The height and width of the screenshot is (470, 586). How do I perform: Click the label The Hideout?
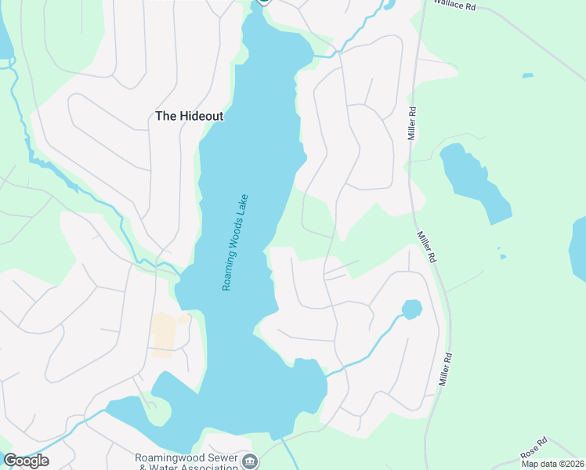click(x=189, y=116)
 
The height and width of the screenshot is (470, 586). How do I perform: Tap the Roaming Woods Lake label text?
click(x=235, y=243)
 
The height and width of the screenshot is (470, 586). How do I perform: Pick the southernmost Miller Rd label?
click(x=446, y=368)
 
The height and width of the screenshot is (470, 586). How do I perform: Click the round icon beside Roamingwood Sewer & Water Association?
click(x=249, y=461)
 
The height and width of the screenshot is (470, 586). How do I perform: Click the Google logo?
click(x=26, y=461)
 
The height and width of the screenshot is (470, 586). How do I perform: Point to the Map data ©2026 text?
click(x=552, y=464)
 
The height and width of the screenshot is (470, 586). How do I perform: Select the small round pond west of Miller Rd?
click(x=411, y=309)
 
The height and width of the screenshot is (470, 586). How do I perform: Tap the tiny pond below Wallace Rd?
click(x=528, y=76)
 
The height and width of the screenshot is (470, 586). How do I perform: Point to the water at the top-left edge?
click(x=5, y=39)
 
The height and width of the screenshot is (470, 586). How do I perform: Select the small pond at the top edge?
click(x=389, y=5)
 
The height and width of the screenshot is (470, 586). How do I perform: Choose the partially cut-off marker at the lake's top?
click(x=263, y=2)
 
